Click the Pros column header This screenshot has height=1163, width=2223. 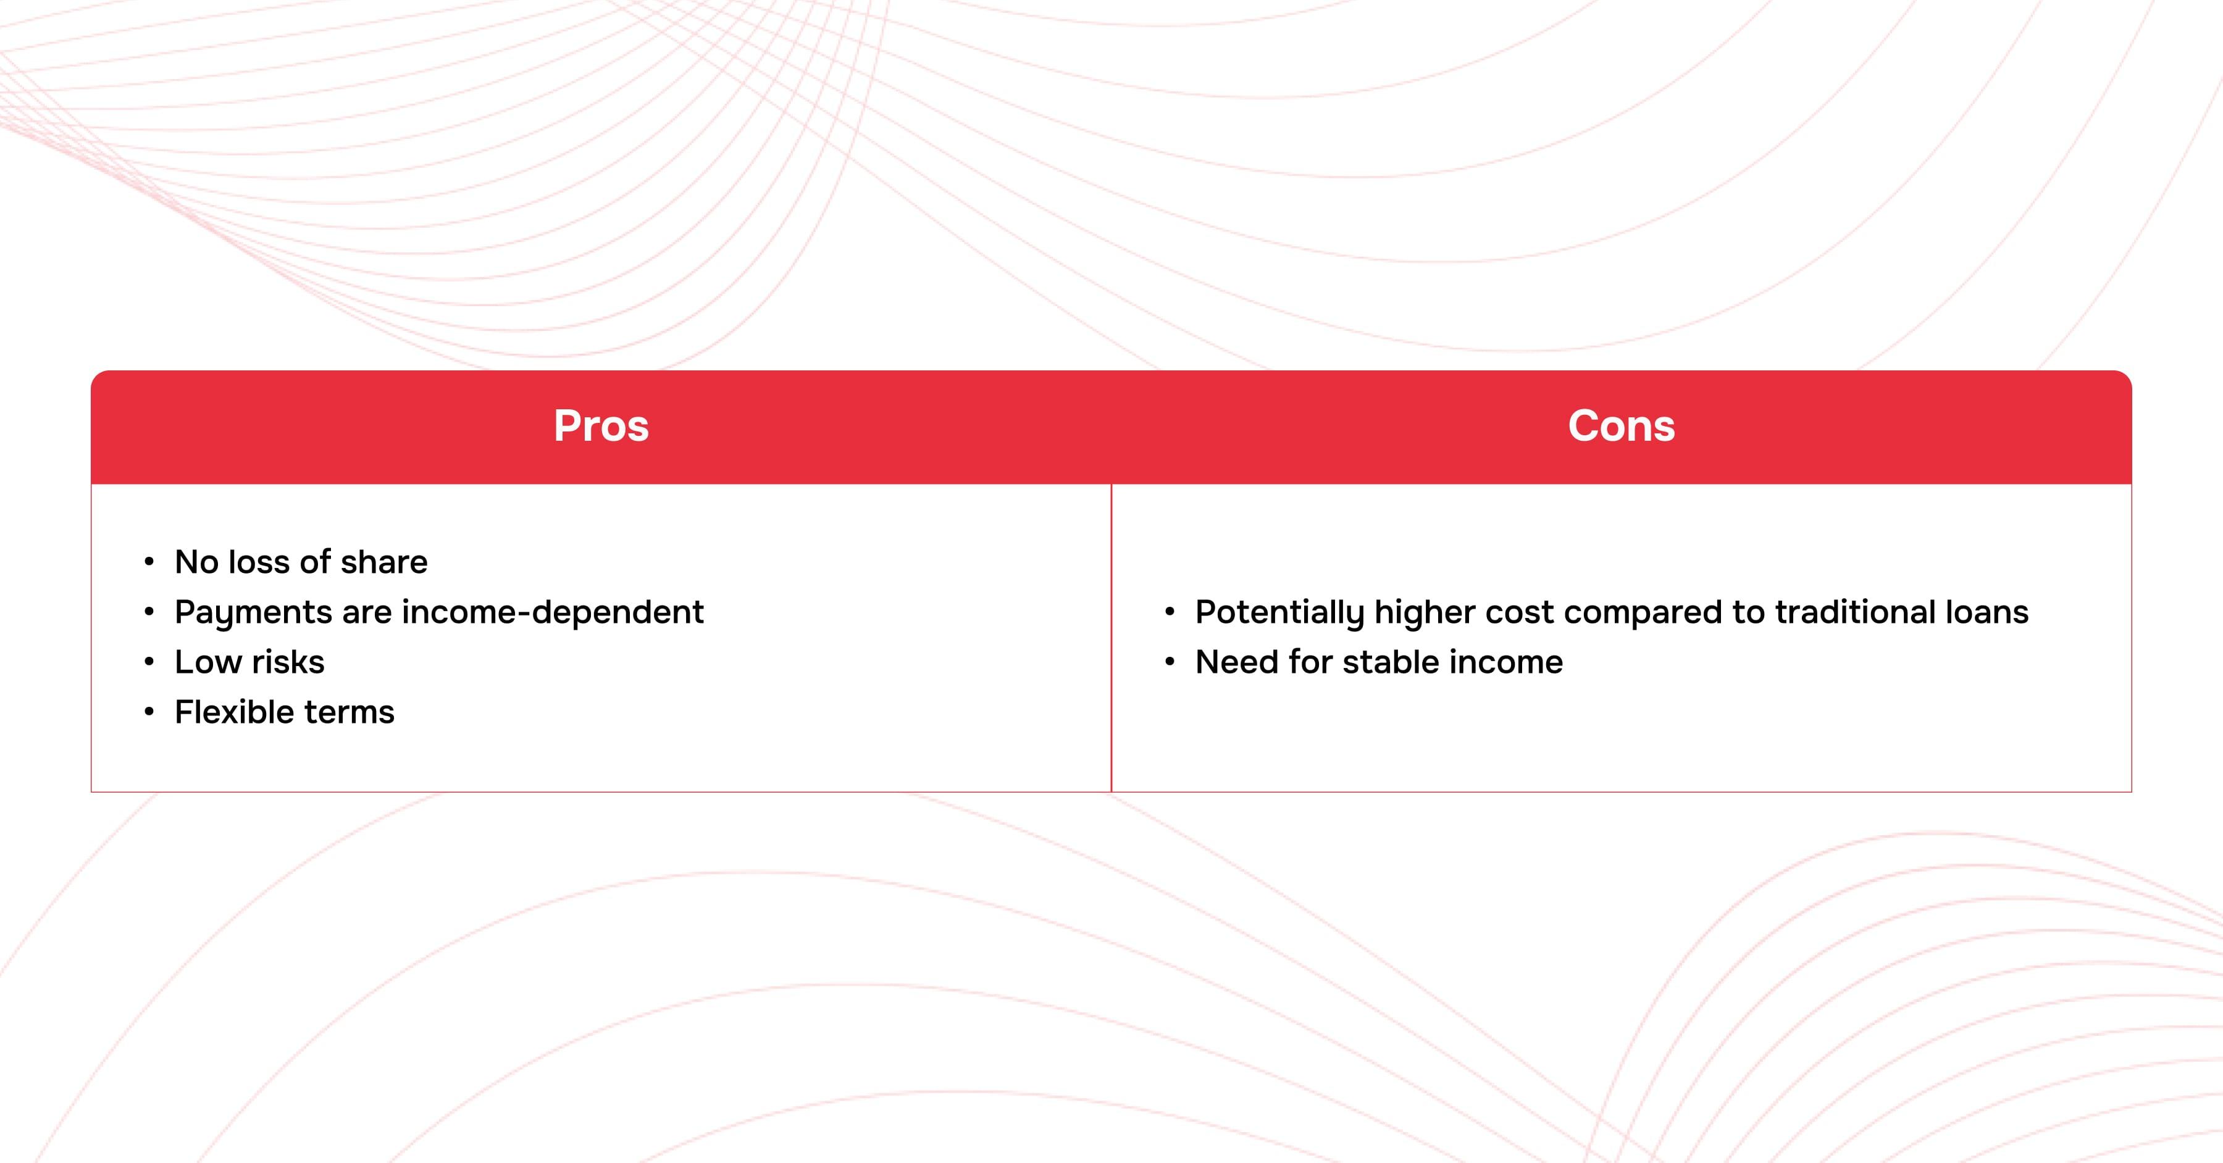coord(601,425)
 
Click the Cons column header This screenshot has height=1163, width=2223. coord(1622,425)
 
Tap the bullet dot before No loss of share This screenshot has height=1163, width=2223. coord(149,562)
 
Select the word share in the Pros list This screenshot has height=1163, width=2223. coord(384,562)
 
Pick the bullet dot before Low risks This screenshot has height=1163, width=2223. coord(149,662)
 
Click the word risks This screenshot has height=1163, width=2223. coord(288,662)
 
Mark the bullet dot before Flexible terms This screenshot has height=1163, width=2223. coord(149,712)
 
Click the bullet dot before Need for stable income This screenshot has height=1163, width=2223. coord(1170,662)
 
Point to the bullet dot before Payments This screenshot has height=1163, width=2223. coord(149,612)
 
